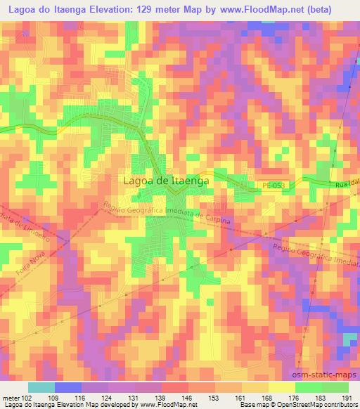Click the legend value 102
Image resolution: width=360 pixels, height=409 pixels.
(26, 398)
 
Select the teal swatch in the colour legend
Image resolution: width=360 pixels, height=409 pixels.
(41, 387)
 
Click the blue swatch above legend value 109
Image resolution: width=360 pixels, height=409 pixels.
(67, 387)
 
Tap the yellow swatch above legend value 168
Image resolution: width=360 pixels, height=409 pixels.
(281, 387)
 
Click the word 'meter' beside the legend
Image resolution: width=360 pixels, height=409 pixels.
(10, 398)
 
